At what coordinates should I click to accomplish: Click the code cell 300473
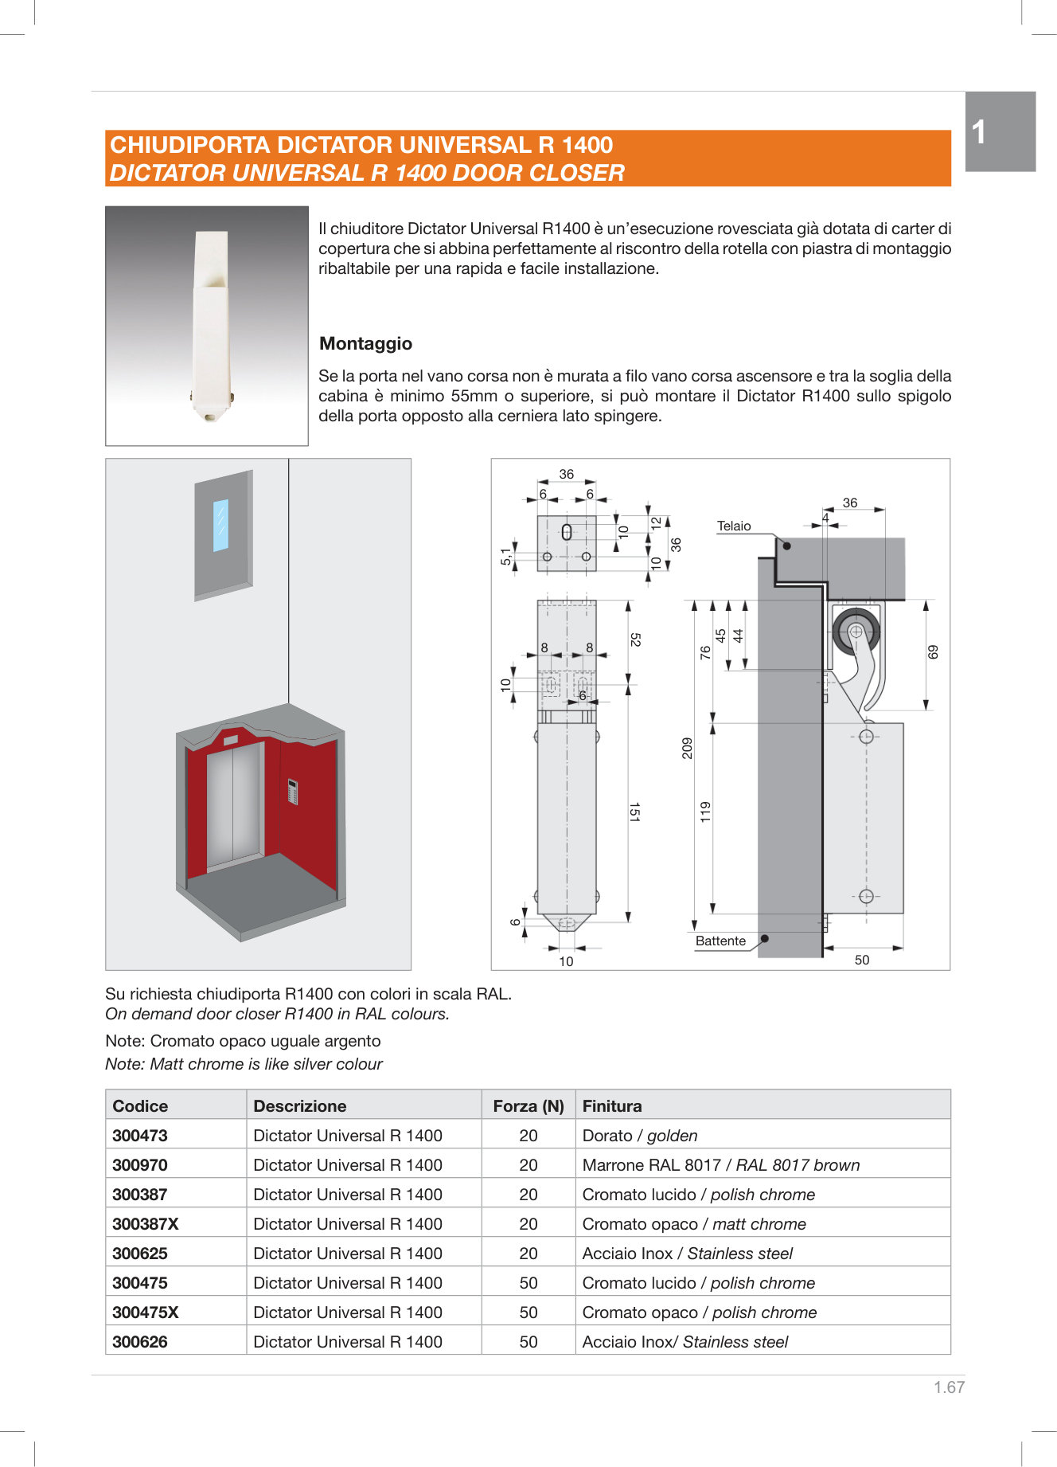pos(140,1135)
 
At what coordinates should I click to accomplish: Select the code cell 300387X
pos(146,1223)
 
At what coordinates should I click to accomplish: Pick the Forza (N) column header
pos(528,1105)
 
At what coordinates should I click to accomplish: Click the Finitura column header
pos(612,1105)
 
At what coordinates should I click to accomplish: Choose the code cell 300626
pos(140,1341)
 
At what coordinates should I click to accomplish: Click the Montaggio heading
pos(365,343)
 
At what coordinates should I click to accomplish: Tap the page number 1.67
pos(949,1387)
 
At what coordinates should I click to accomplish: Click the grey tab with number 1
pos(1000,131)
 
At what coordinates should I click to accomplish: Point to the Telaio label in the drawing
pos(734,526)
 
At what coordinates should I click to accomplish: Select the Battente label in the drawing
pos(720,941)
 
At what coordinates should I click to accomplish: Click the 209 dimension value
pos(688,748)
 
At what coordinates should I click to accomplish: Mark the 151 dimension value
pos(634,812)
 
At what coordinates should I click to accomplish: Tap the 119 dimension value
pos(705,812)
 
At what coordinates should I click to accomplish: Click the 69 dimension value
pos(933,651)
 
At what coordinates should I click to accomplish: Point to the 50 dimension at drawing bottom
pos(862,960)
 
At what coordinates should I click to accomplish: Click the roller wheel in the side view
pos(856,632)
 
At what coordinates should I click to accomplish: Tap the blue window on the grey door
pos(220,525)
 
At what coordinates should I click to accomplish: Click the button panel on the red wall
pos(292,792)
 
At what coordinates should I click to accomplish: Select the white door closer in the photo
pos(210,327)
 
